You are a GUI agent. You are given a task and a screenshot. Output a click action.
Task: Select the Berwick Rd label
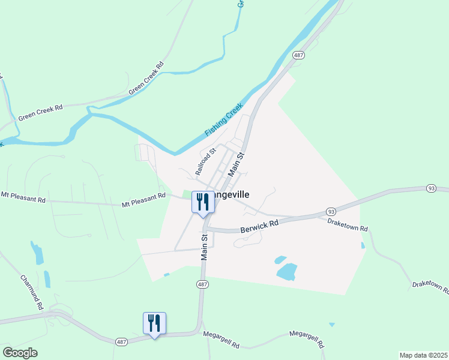tap(260, 226)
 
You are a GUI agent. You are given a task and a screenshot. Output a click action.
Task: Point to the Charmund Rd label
tap(32, 292)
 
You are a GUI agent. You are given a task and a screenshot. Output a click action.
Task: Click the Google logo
tap(20, 353)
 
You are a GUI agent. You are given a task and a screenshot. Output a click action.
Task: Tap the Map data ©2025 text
tap(423, 355)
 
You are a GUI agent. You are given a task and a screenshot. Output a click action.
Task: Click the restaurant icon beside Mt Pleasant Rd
tap(203, 202)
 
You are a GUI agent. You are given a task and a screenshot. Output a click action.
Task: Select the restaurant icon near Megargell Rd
tap(154, 323)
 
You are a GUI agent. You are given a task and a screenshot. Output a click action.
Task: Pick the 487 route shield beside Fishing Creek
tap(298, 55)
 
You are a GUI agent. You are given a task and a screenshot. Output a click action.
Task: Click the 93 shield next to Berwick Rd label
tap(331, 212)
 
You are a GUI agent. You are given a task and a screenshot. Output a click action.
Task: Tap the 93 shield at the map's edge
tap(431, 188)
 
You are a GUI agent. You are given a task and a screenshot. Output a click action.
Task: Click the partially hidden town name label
tap(231, 194)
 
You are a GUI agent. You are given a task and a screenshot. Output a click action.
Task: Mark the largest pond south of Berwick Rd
tap(288, 271)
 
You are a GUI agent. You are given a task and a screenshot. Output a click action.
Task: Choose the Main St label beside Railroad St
tap(237, 164)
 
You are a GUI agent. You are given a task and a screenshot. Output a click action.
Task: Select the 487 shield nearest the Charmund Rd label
tap(121, 342)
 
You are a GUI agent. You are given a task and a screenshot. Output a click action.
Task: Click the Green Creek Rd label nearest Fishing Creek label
tap(146, 79)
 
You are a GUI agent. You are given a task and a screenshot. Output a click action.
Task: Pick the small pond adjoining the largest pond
tap(279, 260)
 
